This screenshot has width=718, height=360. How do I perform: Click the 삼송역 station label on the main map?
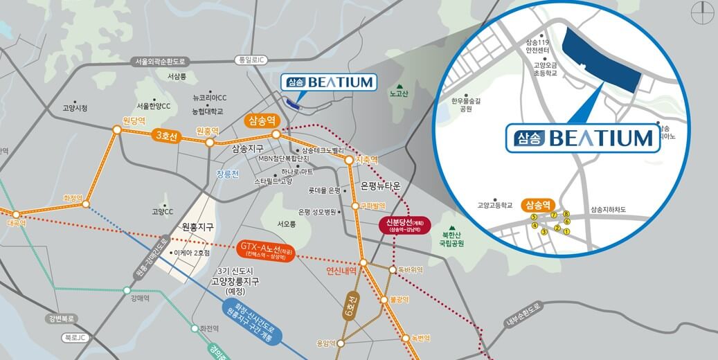coord(261,120)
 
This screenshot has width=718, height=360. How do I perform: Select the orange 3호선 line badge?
coord(168,136)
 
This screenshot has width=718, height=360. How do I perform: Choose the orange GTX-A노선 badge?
coord(266,250)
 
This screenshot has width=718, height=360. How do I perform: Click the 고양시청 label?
coord(75,108)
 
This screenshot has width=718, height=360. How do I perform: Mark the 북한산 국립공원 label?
coord(453,240)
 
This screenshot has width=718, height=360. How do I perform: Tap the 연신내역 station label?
coord(341,271)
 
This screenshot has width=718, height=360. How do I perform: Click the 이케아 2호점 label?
coord(192,253)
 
